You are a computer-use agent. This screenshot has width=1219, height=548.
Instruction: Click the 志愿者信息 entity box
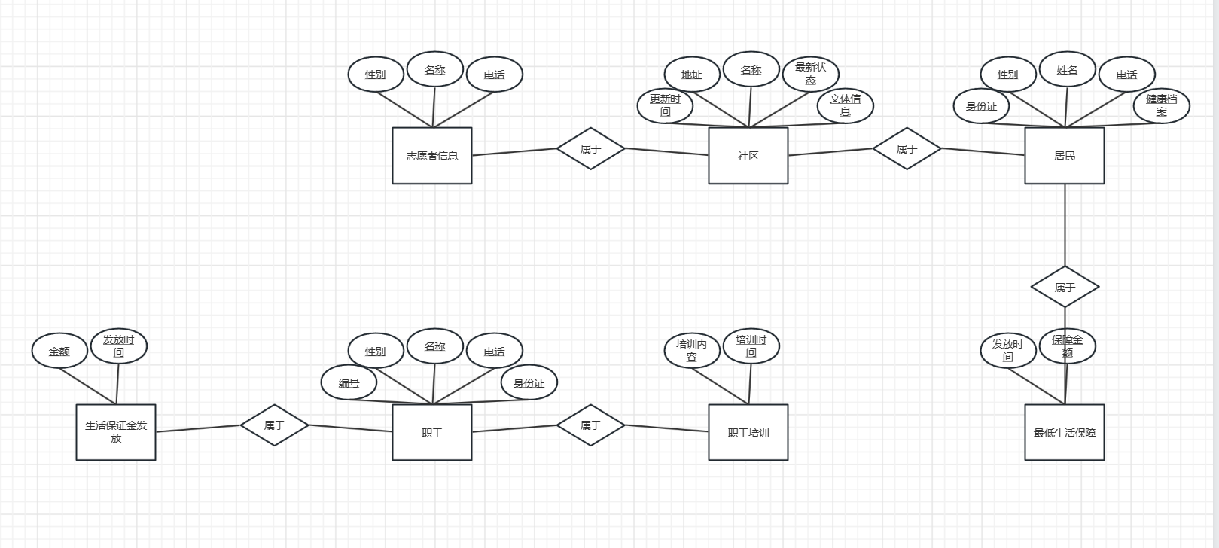tap(432, 156)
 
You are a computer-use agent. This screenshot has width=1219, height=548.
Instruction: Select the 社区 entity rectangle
tap(748, 156)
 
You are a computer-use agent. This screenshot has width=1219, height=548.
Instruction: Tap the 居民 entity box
tap(1065, 156)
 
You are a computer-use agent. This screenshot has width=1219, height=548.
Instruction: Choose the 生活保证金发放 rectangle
tap(116, 432)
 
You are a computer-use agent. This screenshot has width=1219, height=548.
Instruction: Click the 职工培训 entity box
tap(748, 432)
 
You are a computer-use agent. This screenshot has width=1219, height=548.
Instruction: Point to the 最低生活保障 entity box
tap(1065, 432)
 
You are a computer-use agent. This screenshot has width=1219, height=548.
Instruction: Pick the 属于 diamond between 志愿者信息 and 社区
tap(590, 148)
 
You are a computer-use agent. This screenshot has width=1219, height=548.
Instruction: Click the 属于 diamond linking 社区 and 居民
tap(907, 148)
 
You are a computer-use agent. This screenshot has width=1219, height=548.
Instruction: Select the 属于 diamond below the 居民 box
tap(1065, 287)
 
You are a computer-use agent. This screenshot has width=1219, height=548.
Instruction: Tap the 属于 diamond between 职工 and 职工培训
tap(590, 425)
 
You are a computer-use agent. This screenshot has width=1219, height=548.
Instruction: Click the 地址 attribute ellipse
tap(692, 75)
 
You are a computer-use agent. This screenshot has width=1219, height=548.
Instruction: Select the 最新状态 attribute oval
tap(810, 74)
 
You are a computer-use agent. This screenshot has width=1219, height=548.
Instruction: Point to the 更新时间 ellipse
tap(665, 105)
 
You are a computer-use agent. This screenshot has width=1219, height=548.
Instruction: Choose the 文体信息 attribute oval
tap(845, 105)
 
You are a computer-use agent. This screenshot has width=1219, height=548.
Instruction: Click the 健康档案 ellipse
tap(1161, 105)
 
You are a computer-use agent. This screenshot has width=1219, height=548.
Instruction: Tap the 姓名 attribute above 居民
tap(1067, 70)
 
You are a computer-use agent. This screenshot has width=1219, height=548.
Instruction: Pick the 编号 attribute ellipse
tap(349, 382)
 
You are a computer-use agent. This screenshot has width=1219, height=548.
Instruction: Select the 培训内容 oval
tap(692, 351)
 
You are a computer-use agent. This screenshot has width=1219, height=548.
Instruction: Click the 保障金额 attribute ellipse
tap(1067, 346)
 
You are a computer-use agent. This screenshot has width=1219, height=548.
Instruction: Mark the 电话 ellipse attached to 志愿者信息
tap(494, 75)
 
